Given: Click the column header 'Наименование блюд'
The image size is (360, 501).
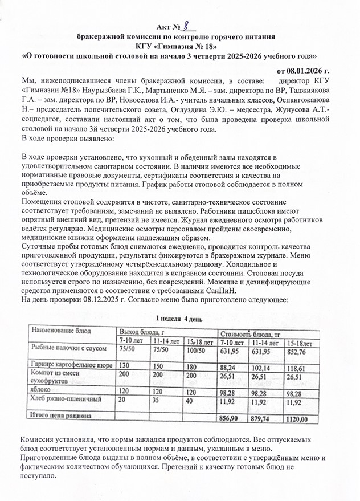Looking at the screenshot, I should (x=62, y=331).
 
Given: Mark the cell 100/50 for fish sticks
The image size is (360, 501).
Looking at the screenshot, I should (x=197, y=350).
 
